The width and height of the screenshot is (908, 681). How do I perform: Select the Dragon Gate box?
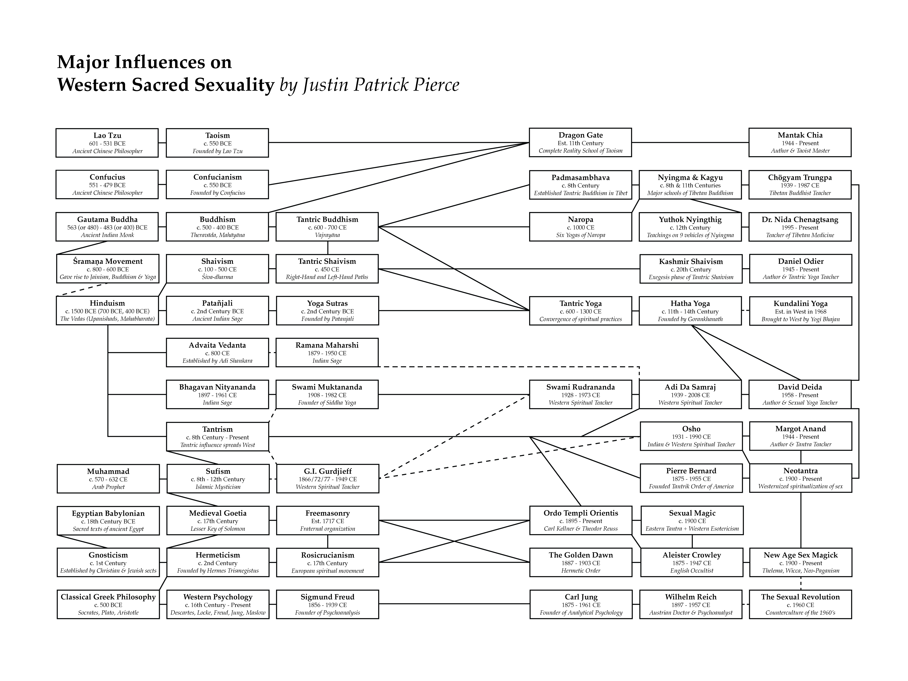pos(580,142)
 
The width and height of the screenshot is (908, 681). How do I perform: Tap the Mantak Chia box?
pos(800,142)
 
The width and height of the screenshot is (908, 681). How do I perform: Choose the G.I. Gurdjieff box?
pos(328,479)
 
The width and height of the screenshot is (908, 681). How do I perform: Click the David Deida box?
pos(800,395)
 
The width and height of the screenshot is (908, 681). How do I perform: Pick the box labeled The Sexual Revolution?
pos(800,604)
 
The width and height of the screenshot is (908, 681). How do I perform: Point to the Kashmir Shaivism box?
pos(691,269)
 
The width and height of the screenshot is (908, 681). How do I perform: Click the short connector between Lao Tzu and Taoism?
pos(162,143)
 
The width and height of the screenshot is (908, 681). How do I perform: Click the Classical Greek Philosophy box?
pos(108,604)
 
